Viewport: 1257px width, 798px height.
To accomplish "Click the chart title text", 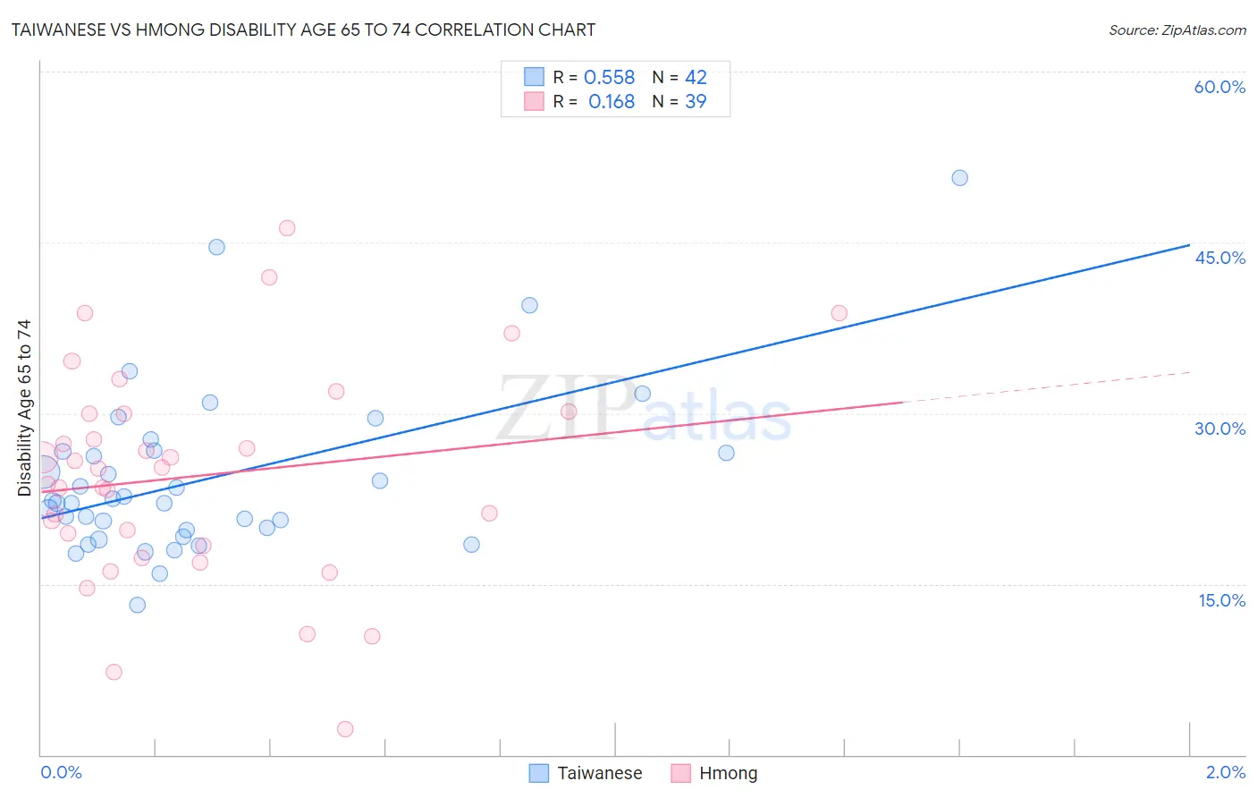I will point(303,30).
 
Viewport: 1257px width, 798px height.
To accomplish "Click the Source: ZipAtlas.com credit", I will point(1177,30).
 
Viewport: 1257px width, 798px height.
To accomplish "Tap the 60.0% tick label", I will point(1219,87).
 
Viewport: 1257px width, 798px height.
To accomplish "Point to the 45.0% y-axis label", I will point(1219,258).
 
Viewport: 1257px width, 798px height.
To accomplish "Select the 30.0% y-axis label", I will point(1219,429).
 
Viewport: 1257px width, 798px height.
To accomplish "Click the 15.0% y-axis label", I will point(1221,600).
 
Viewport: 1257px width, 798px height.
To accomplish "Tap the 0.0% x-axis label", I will point(61,772).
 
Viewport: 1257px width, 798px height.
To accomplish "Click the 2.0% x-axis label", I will point(1225,772).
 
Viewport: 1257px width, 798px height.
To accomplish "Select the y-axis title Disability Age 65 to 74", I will point(24,407).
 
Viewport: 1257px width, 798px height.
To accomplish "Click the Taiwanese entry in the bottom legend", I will point(599,773).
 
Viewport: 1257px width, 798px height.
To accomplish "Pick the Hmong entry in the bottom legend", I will point(728,773).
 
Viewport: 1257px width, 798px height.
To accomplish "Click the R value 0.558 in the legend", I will point(609,78).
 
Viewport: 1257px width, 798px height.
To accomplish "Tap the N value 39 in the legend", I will point(696,102).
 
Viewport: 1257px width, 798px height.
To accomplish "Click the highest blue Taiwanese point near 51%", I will point(959,178).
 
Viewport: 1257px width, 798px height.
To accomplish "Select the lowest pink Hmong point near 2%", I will point(345,729).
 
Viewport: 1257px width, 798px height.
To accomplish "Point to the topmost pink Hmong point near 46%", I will point(287,228).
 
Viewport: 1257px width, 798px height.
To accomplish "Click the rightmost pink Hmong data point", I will point(839,313).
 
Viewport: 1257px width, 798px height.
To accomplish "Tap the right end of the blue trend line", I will point(1188,245).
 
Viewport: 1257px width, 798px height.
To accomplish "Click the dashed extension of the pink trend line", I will point(1046,387).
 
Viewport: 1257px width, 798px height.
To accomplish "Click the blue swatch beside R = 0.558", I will point(534,77).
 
